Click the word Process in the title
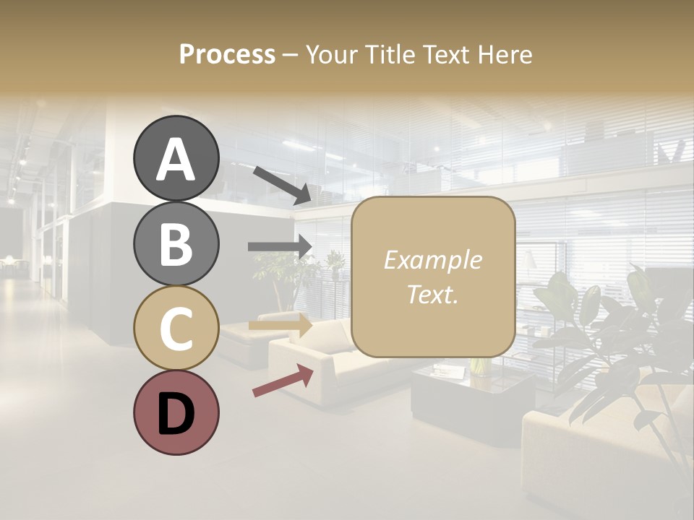(227, 55)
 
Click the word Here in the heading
(505, 55)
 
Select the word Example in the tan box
(432, 260)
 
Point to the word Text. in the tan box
(432, 294)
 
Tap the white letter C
(176, 329)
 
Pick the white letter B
(176, 245)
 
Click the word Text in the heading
(446, 55)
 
